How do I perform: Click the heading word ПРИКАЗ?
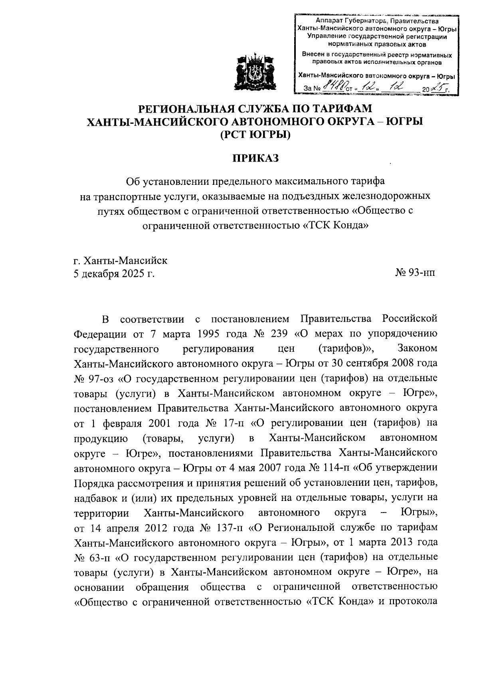coord(255,158)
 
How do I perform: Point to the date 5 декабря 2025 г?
coord(114,274)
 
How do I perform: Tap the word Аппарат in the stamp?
coord(329,21)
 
